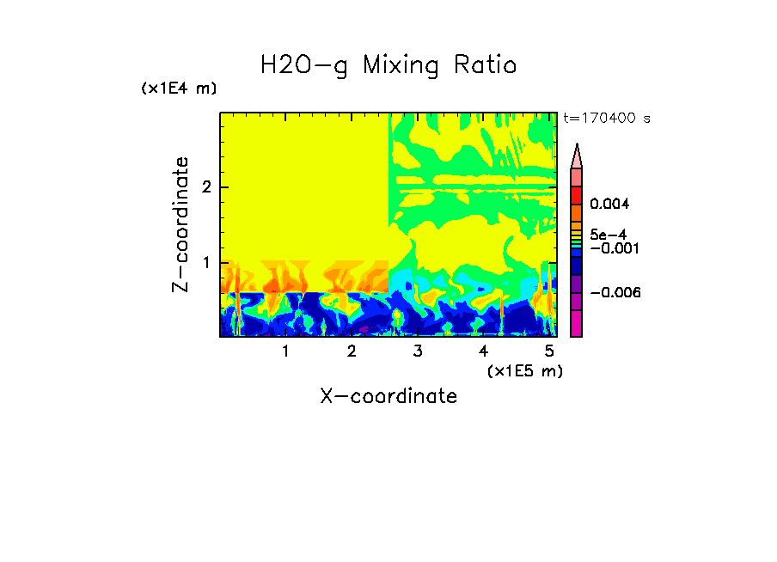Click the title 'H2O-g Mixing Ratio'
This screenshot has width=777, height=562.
[388, 65]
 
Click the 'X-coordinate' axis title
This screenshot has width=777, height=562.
[388, 396]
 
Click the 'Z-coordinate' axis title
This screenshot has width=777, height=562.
[180, 224]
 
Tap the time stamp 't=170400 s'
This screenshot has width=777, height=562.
[606, 119]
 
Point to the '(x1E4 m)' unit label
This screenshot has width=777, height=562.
[179, 89]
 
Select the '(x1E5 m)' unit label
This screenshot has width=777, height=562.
[524, 371]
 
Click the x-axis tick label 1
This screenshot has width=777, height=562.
[285, 351]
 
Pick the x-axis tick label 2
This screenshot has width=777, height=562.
[352, 351]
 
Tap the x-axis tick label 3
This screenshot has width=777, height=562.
[417, 351]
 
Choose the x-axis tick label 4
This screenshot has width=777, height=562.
[483, 351]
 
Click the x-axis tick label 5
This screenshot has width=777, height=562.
[548, 351]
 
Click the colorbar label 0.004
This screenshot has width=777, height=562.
[610, 205]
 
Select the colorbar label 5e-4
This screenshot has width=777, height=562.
[608, 235]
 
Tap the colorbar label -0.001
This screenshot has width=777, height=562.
[611, 248]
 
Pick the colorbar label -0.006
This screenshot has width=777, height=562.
[611, 293]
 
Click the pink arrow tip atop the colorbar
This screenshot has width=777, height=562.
[577, 155]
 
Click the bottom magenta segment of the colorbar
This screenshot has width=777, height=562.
[577, 324]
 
